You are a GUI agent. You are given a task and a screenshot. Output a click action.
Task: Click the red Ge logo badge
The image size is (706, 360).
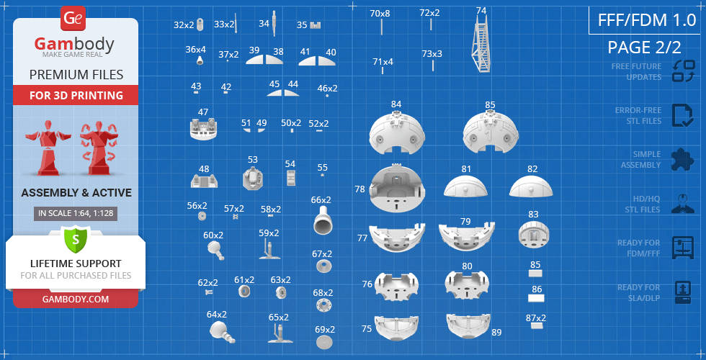[73, 19]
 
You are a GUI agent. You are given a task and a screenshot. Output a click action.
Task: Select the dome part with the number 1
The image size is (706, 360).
[491, 131]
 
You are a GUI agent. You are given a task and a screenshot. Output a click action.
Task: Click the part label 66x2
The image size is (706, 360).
[321, 200]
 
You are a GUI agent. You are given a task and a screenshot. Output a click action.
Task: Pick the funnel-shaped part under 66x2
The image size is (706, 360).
[323, 220]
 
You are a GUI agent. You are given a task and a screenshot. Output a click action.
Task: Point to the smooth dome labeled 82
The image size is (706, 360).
[532, 186]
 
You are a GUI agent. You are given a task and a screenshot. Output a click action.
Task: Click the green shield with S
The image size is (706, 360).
[76, 239]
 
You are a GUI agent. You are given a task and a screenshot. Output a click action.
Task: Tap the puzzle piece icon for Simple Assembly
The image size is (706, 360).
[683, 160]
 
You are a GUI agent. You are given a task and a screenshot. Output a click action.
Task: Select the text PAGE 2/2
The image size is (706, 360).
[644, 48]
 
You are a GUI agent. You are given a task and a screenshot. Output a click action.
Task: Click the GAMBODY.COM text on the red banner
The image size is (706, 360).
[76, 300]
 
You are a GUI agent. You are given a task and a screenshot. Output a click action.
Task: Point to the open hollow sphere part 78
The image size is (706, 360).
[397, 189]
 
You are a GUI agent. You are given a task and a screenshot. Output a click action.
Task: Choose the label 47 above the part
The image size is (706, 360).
[203, 112]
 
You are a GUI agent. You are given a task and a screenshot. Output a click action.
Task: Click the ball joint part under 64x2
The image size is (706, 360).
[222, 333]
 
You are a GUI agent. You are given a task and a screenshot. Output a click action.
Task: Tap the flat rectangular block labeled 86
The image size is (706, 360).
[536, 298]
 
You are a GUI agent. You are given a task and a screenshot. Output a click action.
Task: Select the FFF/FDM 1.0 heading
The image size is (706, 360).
[647, 20]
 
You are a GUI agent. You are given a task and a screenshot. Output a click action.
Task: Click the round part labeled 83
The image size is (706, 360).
[534, 234]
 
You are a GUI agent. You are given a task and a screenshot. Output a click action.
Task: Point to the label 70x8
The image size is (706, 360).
[380, 14]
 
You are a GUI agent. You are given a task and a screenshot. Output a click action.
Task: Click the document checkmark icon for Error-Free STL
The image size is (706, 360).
[683, 116]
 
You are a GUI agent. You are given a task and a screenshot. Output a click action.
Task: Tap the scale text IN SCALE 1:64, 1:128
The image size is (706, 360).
[76, 214]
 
